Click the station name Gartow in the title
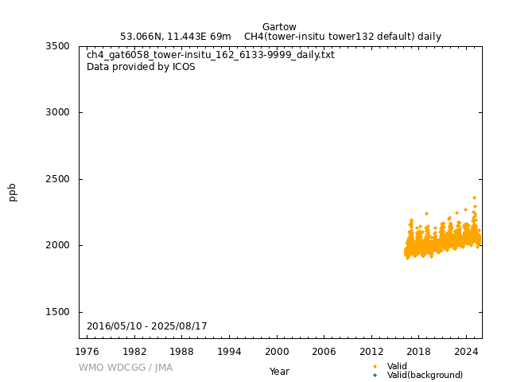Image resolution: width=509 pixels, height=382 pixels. (x=279, y=27)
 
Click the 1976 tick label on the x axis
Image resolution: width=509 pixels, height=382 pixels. (x=87, y=351)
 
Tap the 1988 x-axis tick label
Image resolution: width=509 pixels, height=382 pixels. (x=182, y=351)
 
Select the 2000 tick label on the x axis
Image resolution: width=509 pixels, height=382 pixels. (x=277, y=351)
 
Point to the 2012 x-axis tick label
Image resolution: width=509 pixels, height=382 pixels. (x=371, y=351)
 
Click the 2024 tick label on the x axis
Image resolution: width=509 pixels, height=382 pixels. (x=466, y=351)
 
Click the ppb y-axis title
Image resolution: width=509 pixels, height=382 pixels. (x=13, y=192)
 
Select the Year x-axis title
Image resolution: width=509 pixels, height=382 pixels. (x=279, y=372)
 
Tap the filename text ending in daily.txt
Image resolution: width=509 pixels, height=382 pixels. (x=211, y=55)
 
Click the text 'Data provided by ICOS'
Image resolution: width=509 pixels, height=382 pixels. (x=141, y=67)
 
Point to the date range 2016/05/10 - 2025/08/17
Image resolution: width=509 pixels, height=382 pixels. (x=147, y=326)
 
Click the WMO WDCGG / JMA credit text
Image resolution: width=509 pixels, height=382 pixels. (x=126, y=368)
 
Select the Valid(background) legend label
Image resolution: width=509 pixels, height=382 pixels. (x=425, y=375)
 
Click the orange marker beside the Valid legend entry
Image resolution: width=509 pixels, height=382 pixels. (x=375, y=366)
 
